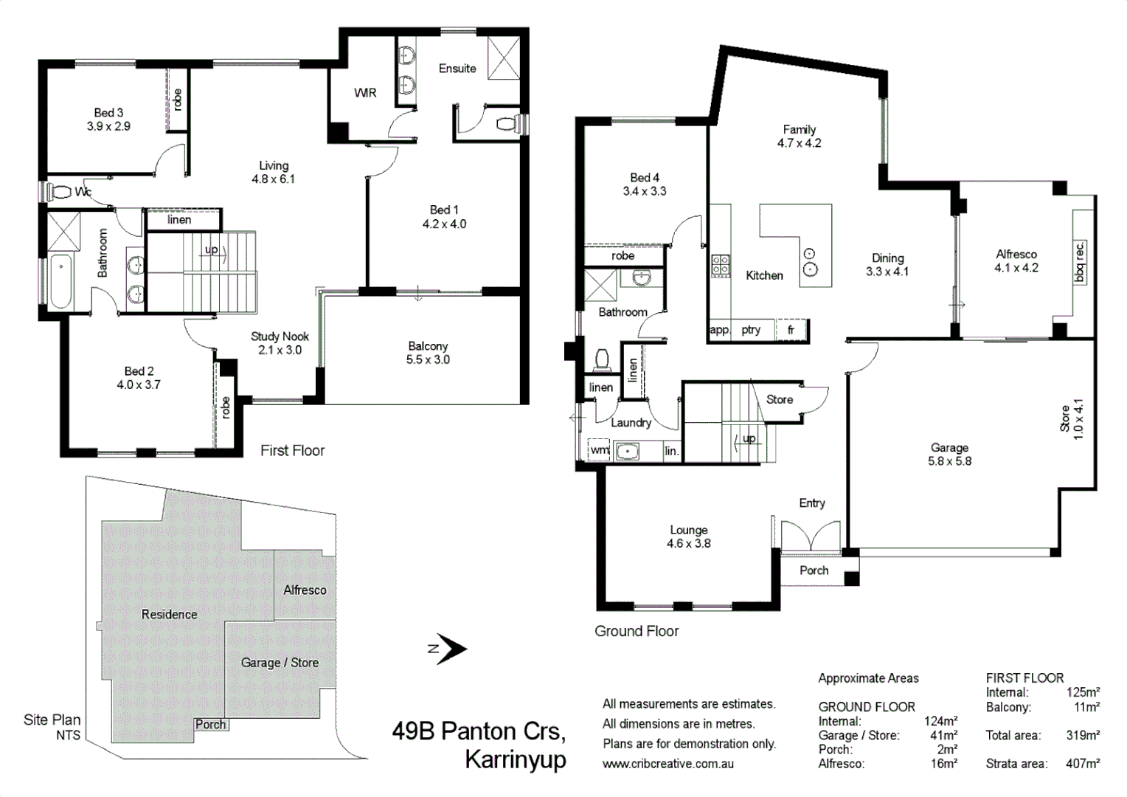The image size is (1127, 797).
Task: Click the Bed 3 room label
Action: coord(108,119)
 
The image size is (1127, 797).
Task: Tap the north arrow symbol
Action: coord(448,649)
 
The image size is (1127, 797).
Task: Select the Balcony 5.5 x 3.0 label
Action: coord(428,353)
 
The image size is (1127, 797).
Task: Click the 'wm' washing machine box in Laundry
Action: coord(599,449)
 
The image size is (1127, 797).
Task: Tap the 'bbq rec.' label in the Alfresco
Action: coord(1080,261)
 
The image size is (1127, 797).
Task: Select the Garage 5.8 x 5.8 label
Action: coord(949,454)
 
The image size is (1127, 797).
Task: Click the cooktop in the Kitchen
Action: coord(721,265)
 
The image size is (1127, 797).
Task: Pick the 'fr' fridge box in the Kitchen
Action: coord(791,330)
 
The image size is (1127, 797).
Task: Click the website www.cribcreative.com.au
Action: coord(667,764)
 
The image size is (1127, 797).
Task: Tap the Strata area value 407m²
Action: coord(1082,764)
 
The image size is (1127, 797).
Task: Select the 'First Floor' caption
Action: coord(292,450)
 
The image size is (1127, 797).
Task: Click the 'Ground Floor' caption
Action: coord(637,631)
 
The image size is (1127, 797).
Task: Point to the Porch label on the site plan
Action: coord(210,725)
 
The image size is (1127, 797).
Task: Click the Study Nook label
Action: coord(280,343)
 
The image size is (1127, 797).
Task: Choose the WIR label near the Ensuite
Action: coord(365,93)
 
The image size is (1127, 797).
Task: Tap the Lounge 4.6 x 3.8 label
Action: coord(688,536)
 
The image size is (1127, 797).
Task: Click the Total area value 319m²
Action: coord(1082,735)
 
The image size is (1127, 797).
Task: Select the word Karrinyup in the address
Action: coord(515,759)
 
